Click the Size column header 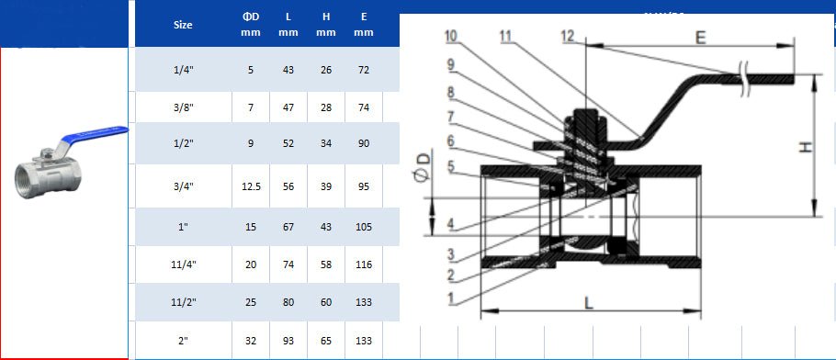pyautogui.click(x=183, y=25)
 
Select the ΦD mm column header pyautogui.click(x=251, y=25)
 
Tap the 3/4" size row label pyautogui.click(x=184, y=186)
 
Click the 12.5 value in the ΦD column pyautogui.click(x=251, y=186)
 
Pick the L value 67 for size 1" pyautogui.click(x=288, y=227)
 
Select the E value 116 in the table pyautogui.click(x=364, y=264)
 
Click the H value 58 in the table pyautogui.click(x=326, y=264)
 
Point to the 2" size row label pyautogui.click(x=184, y=341)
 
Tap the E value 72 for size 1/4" pyautogui.click(x=364, y=70)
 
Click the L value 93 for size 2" pyautogui.click(x=288, y=341)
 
